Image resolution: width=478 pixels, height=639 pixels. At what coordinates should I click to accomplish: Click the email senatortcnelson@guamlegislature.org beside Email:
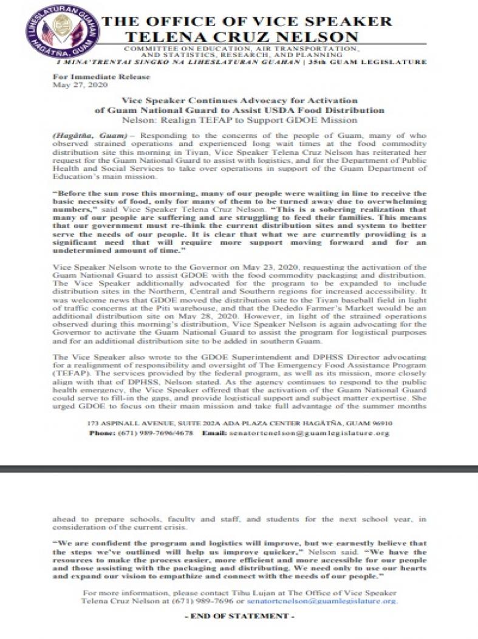coord(309,433)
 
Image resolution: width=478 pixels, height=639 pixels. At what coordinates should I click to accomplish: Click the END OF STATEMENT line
coord(239,616)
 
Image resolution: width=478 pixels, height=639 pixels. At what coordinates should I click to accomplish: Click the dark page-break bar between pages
coord(239,468)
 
